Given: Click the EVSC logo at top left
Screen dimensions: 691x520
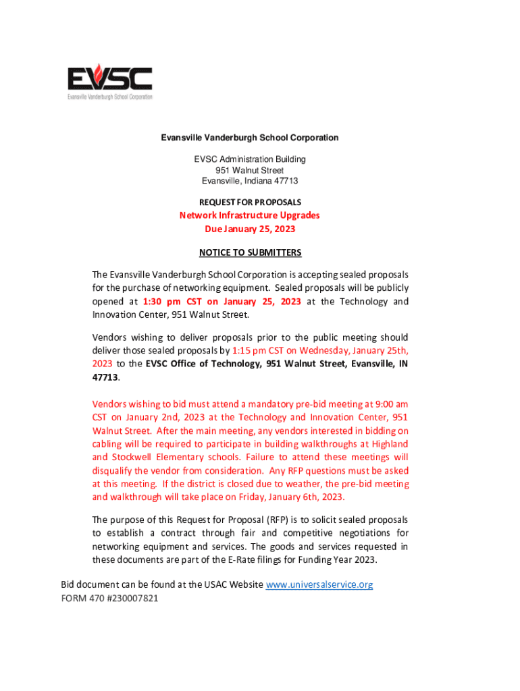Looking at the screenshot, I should point(110,82).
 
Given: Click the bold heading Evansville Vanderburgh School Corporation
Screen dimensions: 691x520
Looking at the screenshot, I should point(249,138).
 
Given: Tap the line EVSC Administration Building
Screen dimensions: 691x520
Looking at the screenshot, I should point(250,159).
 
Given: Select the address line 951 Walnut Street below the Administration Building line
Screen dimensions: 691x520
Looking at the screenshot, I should point(250,170).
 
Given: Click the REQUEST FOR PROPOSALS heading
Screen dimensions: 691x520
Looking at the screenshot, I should point(250,202).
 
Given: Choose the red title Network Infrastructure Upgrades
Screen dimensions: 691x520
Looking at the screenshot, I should point(249,215).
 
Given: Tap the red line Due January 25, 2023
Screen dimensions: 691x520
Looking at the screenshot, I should point(250,229).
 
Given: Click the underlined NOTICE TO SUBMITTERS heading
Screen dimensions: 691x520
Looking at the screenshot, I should point(250,252).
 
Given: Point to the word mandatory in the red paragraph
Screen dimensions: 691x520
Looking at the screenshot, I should point(267,404).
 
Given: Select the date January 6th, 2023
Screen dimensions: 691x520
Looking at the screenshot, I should point(303,497).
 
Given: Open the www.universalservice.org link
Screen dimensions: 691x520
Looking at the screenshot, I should point(319,584).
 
